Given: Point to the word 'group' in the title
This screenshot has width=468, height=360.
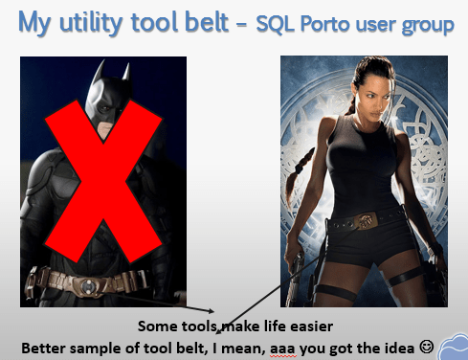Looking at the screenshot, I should pos(427,25).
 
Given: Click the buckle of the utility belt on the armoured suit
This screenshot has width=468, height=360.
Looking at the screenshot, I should pos(89,284).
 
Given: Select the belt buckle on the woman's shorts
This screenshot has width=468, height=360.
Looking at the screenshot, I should pos(365,223).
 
